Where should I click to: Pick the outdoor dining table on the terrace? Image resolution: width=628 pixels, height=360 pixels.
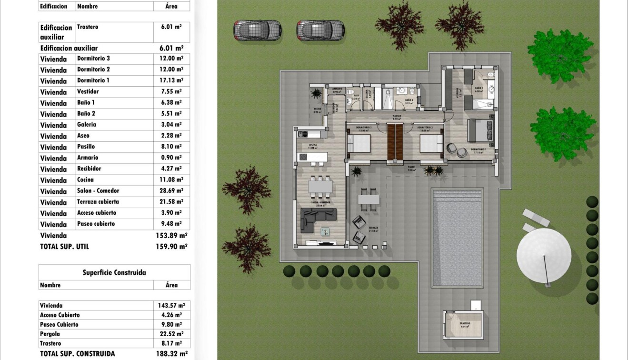click(369, 199)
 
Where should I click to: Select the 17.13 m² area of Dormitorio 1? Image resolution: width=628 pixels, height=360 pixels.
click(171, 80)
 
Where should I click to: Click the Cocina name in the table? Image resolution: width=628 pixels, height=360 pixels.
click(85, 180)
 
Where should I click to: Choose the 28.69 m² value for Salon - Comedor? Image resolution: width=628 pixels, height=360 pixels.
click(171, 191)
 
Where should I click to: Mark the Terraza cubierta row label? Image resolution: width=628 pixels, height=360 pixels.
click(98, 202)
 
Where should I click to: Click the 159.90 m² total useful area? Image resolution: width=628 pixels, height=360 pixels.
click(171, 247)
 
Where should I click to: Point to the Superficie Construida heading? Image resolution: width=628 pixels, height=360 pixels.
click(114, 273)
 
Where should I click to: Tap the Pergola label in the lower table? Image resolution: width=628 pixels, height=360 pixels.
click(50, 334)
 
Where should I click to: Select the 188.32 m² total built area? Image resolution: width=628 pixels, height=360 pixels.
click(171, 354)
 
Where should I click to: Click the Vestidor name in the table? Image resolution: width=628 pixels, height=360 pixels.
click(88, 91)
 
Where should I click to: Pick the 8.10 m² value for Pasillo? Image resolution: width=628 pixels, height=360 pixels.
click(171, 147)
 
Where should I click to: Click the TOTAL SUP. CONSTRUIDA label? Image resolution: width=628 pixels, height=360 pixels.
click(78, 354)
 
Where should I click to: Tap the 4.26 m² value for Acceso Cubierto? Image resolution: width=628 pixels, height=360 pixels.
click(171, 315)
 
